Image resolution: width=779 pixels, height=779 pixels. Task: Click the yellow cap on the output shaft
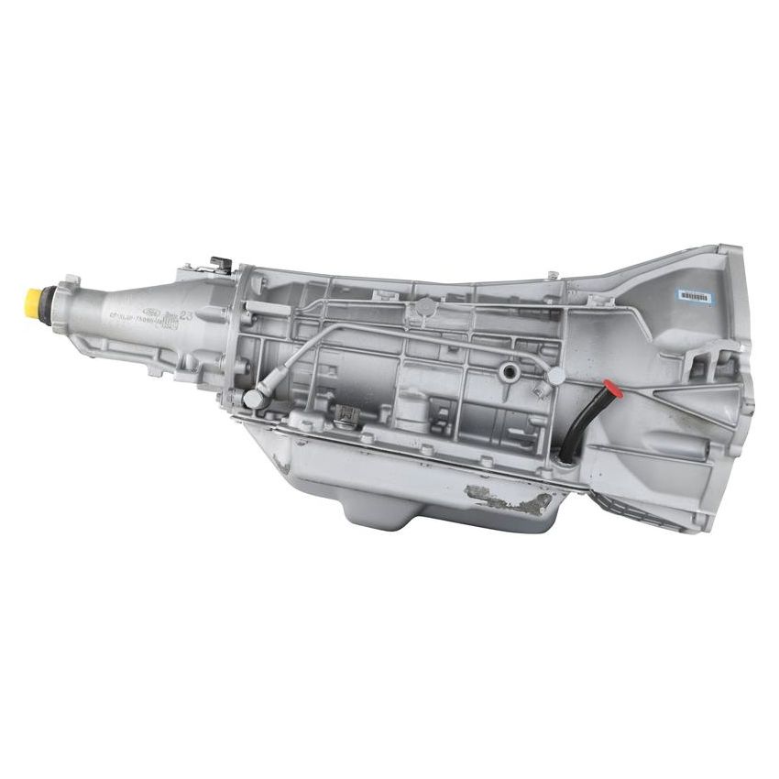tap(35, 299)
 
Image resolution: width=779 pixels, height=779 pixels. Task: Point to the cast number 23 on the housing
tap(186, 315)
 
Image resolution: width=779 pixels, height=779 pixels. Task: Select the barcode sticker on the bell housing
tap(694, 296)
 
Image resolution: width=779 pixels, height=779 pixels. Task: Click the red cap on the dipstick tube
tap(613, 391)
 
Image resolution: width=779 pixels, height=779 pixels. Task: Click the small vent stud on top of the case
tap(553, 273)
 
